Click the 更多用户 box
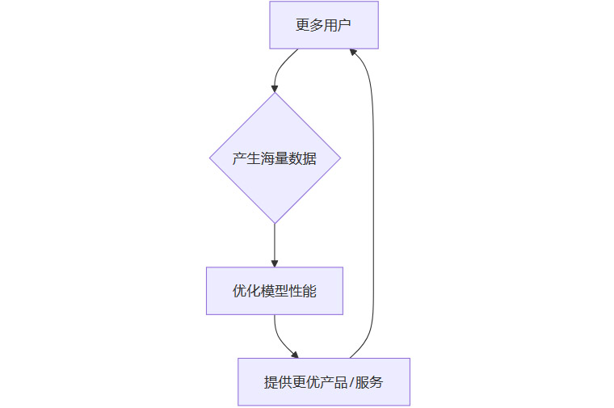(323, 24)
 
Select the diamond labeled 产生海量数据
(275, 158)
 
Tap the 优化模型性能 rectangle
(275, 291)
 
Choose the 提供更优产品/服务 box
(323, 382)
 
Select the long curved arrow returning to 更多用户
(373, 202)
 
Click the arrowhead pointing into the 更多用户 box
(353, 53)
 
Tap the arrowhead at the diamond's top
(275, 87)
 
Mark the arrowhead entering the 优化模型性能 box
(275, 263)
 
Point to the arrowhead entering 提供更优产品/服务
(295, 355)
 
